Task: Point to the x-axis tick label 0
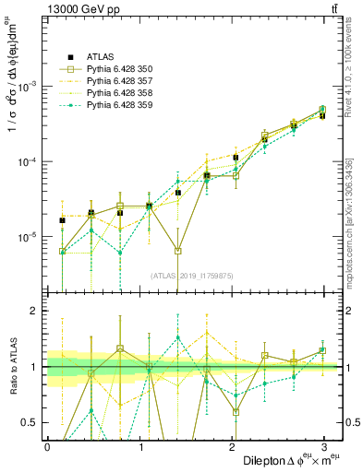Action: click(47, 445)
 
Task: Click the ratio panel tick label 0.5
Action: click(32, 423)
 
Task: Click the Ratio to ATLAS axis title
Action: click(13, 367)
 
